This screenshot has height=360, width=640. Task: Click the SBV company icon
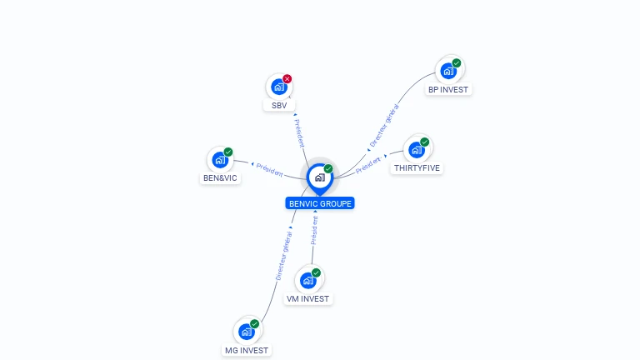tap(278, 87)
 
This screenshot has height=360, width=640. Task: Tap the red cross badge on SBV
tap(287, 79)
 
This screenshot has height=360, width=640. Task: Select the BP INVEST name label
tap(448, 89)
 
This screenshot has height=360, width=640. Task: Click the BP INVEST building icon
tap(448, 71)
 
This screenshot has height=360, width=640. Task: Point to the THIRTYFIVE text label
tap(417, 167)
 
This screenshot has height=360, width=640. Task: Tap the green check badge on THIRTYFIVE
tap(424, 142)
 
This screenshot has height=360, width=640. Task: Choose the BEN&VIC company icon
tap(220, 160)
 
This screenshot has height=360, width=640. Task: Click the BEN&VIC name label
tap(221, 177)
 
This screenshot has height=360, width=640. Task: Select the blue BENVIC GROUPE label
tap(320, 202)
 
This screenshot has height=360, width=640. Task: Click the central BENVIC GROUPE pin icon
tap(319, 177)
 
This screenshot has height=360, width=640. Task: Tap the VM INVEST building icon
tap(308, 280)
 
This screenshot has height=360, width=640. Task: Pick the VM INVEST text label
tap(308, 298)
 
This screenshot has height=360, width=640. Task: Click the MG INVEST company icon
tap(247, 332)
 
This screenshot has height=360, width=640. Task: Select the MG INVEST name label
tap(247, 350)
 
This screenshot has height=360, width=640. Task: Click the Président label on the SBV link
tap(299, 132)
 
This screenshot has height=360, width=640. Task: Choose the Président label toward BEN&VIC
tap(270, 169)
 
